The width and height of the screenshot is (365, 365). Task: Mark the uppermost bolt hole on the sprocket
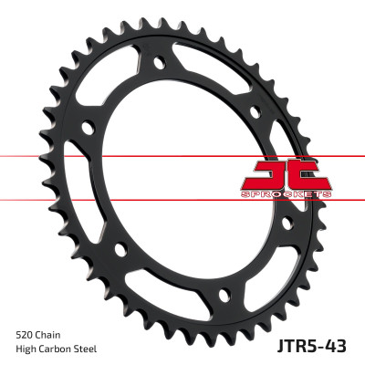[161, 64]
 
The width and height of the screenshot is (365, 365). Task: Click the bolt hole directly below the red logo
[286, 222]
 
